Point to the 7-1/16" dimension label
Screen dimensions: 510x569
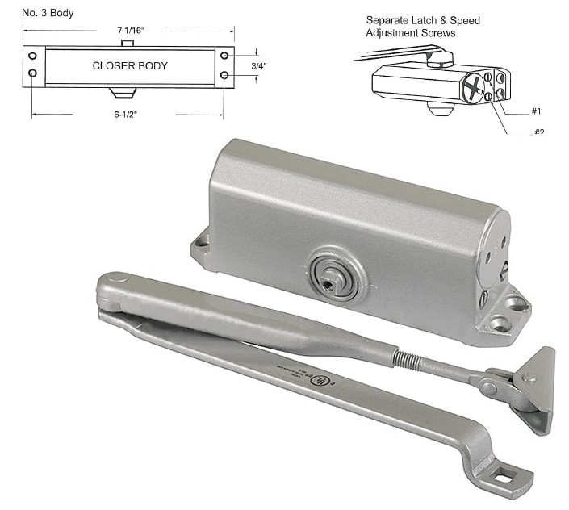tap(129, 31)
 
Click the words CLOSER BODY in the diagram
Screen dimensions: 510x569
tap(130, 65)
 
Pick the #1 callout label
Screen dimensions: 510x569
tap(536, 111)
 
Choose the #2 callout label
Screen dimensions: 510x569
tap(538, 131)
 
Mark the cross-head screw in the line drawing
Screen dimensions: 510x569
tap(477, 86)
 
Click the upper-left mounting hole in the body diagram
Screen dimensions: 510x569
tap(33, 56)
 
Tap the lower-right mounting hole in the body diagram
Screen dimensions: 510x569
tap(224, 75)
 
